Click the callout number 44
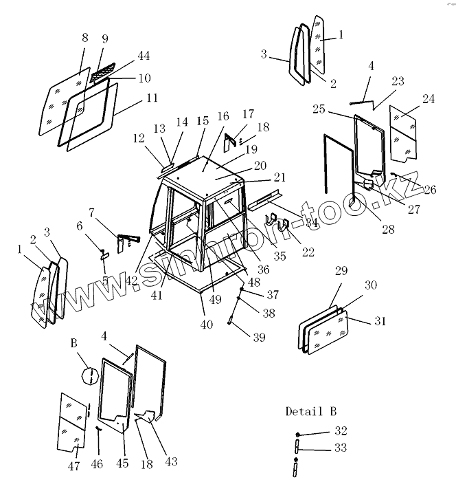(x=144, y=55)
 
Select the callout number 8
(x=85, y=37)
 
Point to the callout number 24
(x=428, y=99)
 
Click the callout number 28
(x=388, y=230)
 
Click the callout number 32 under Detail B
(x=341, y=431)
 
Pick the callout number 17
(x=247, y=114)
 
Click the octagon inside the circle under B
(x=88, y=376)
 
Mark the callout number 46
(x=97, y=465)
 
